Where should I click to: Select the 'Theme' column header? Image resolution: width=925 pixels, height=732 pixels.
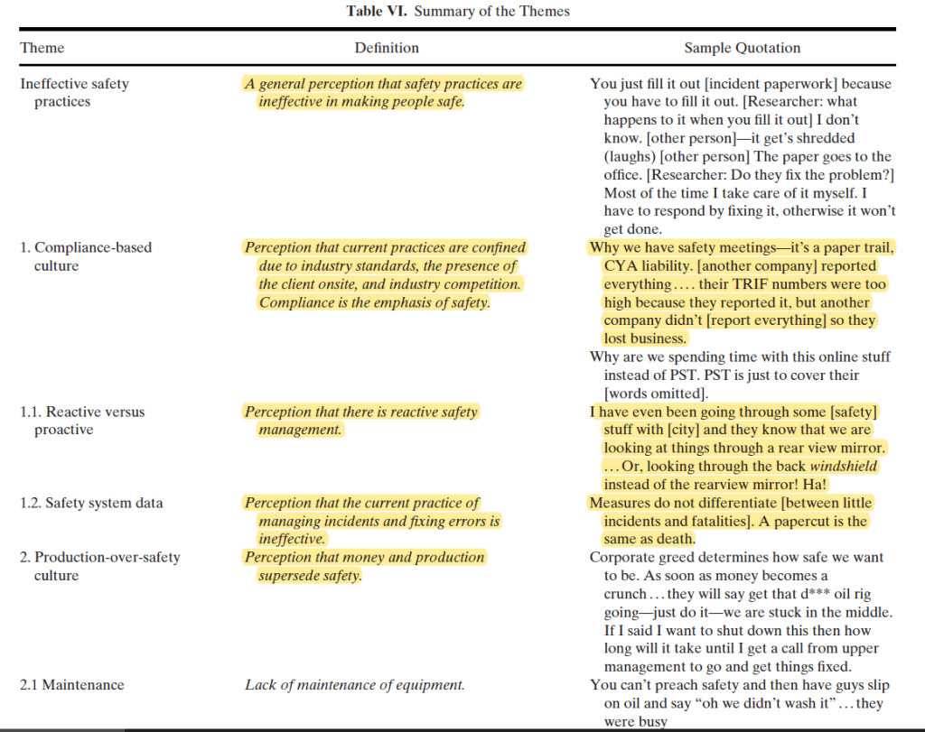42,48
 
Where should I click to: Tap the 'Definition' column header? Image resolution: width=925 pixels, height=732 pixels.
387,48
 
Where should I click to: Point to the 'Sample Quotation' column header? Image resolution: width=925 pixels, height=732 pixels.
742,48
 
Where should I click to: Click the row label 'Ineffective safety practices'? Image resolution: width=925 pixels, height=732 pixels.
74,92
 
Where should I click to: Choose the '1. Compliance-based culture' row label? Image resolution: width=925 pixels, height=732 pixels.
86,256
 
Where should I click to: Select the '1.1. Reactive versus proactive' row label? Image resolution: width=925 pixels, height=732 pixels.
82,421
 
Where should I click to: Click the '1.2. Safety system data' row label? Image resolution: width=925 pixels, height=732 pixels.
91,503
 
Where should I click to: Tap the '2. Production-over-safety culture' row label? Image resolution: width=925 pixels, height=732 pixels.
99,566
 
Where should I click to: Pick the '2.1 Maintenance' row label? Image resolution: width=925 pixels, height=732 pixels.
71,685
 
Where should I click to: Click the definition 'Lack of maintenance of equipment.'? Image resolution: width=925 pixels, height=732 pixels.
355,685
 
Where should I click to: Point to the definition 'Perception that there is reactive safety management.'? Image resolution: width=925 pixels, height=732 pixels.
361,421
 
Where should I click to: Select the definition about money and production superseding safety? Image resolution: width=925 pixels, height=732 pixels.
365,566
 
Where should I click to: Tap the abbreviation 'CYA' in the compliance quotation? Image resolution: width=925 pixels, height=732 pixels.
622,266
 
